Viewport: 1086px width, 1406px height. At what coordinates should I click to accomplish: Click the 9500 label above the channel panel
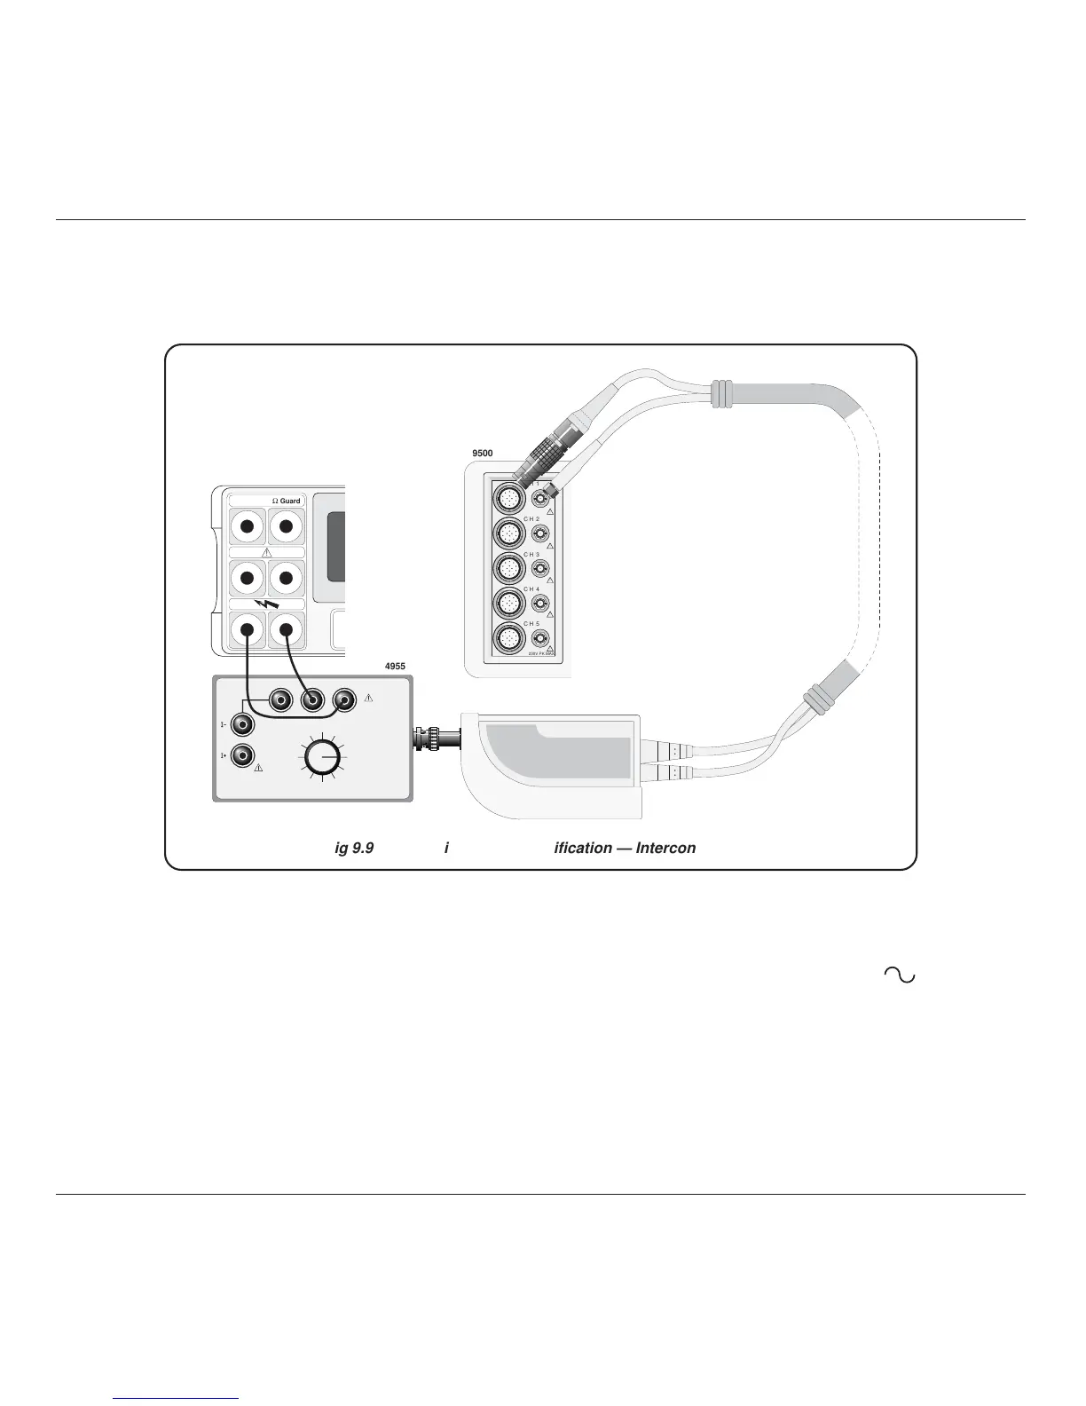[x=482, y=453]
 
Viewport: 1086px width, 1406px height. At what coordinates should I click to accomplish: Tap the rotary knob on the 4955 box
[x=321, y=758]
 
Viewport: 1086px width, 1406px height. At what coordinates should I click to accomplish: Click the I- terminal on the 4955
[x=241, y=724]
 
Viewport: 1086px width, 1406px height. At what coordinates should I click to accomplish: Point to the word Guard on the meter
[x=290, y=501]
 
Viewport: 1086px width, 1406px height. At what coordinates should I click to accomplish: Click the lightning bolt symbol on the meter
[x=266, y=606]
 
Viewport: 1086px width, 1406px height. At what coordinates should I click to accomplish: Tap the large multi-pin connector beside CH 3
[x=508, y=568]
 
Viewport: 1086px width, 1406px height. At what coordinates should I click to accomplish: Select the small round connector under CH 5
[x=539, y=638]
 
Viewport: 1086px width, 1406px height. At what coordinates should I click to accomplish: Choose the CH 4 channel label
[x=531, y=588]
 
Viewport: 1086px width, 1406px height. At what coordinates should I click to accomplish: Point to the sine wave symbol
[x=899, y=975]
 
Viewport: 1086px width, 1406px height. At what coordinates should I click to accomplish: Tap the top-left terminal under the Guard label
[x=248, y=527]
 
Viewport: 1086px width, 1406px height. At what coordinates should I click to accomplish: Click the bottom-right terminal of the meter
[x=286, y=631]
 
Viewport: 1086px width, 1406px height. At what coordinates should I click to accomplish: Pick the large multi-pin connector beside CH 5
[x=508, y=638]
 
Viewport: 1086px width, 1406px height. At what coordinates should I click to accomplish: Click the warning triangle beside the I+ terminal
[x=258, y=767]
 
